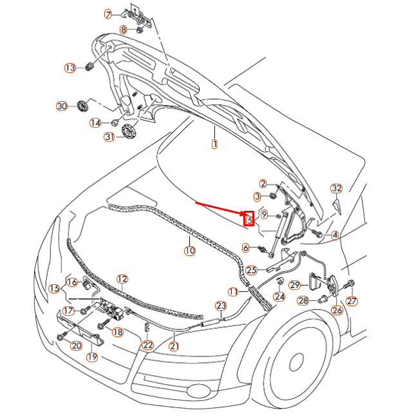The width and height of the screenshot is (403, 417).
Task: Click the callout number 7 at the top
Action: coord(108,14)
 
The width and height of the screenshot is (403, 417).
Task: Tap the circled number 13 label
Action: coord(70,68)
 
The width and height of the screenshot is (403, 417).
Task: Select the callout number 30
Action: coord(62,106)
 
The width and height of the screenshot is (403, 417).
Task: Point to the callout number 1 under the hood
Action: coord(214,144)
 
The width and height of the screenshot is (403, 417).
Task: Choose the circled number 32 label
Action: coord(337,188)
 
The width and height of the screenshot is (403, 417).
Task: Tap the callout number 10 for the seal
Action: coord(190,251)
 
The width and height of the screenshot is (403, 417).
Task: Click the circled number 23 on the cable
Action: coord(221,306)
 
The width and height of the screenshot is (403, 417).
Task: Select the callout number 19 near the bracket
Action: coord(92,356)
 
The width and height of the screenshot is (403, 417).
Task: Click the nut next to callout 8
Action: coord(140,30)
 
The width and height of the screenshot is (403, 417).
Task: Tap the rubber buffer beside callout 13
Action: coord(89,66)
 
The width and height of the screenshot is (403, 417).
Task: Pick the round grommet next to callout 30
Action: coord(82,106)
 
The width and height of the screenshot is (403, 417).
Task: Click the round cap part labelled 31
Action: coord(129,131)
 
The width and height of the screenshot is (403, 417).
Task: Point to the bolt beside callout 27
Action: coord(348,285)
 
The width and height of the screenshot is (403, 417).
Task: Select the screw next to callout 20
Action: coord(62,336)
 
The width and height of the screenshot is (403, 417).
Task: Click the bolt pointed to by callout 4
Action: coord(317,233)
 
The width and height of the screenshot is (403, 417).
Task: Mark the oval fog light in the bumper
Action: coord(198,391)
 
